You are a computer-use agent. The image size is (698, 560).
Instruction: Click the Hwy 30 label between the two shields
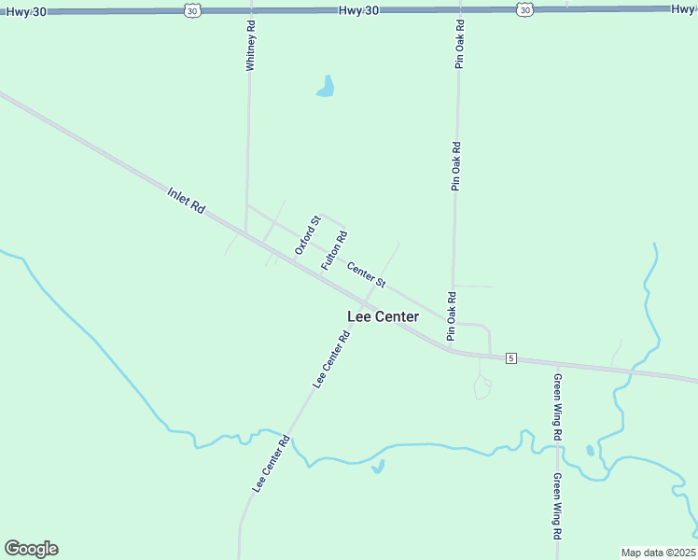tap(357, 8)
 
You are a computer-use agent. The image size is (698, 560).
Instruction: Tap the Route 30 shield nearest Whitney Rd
tap(192, 9)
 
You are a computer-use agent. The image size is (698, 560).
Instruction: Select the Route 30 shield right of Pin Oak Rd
tap(524, 9)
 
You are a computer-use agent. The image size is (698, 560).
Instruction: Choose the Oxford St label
tap(307, 235)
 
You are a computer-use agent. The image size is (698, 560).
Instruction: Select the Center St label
tap(367, 273)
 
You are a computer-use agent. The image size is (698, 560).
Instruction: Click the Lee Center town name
tap(383, 316)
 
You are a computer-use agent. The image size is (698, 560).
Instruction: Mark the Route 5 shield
tap(510, 357)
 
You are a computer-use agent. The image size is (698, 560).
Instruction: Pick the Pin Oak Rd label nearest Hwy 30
tap(459, 43)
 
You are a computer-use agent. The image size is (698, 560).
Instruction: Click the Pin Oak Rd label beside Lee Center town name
tap(451, 316)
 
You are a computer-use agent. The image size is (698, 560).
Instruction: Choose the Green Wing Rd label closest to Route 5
tap(557, 407)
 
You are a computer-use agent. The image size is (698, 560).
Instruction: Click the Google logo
tap(31, 549)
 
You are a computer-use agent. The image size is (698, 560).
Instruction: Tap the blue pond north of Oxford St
tap(326, 88)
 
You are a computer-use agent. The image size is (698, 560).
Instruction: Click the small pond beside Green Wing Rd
tap(590, 451)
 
